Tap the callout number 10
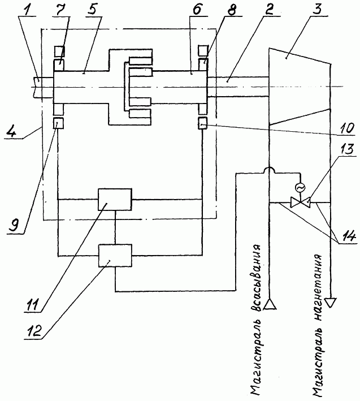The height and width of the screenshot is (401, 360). (x=347, y=127)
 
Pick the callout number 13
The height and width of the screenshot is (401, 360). (x=346, y=149)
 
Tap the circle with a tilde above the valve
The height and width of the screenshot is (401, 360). (x=300, y=188)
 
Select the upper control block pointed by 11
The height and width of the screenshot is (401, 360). (x=115, y=200)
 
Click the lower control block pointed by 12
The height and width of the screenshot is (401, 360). (x=115, y=256)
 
